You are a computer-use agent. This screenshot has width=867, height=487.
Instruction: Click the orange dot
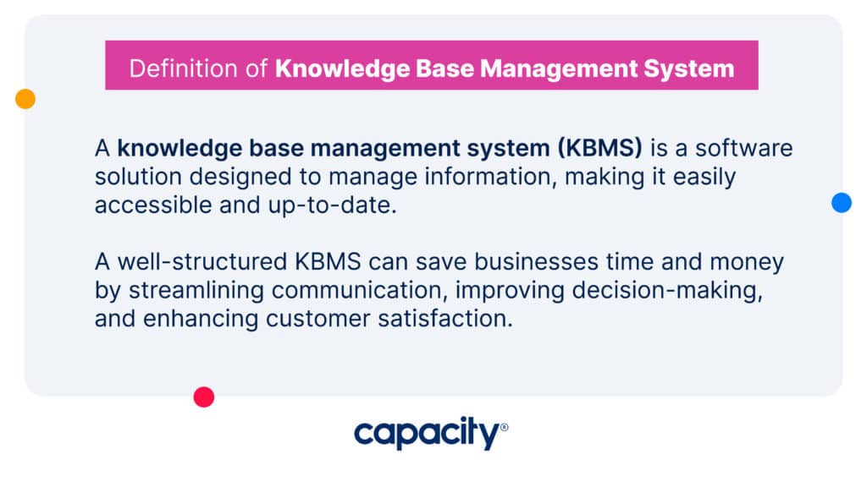click(x=25, y=99)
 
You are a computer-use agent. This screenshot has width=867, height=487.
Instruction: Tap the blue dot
click(x=842, y=203)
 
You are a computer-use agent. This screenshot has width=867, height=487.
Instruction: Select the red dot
click(x=204, y=397)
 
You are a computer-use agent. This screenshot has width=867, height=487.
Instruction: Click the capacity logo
click(x=431, y=434)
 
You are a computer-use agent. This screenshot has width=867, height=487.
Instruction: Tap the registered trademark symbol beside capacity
click(x=504, y=427)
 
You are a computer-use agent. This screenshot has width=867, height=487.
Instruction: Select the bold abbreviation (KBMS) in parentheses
click(x=600, y=148)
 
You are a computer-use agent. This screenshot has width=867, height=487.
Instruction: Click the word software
click(x=743, y=148)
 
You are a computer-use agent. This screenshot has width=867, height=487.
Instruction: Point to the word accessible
click(x=153, y=205)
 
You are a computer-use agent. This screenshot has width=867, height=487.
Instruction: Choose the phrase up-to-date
click(x=332, y=205)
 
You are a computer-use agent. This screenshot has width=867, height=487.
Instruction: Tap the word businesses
click(x=536, y=262)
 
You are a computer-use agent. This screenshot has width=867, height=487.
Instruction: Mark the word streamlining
click(x=196, y=291)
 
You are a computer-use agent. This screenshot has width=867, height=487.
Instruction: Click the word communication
click(x=359, y=291)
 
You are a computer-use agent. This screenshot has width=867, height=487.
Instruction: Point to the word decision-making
click(x=667, y=291)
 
